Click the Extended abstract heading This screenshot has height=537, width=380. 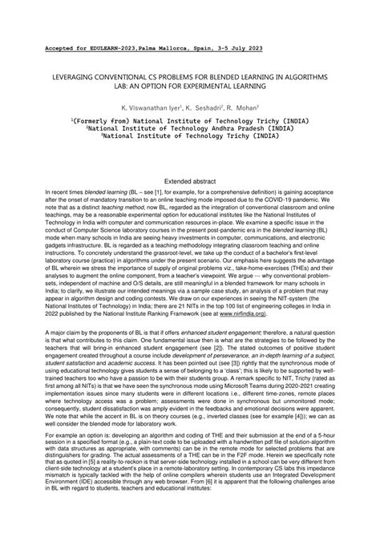[190, 184]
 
